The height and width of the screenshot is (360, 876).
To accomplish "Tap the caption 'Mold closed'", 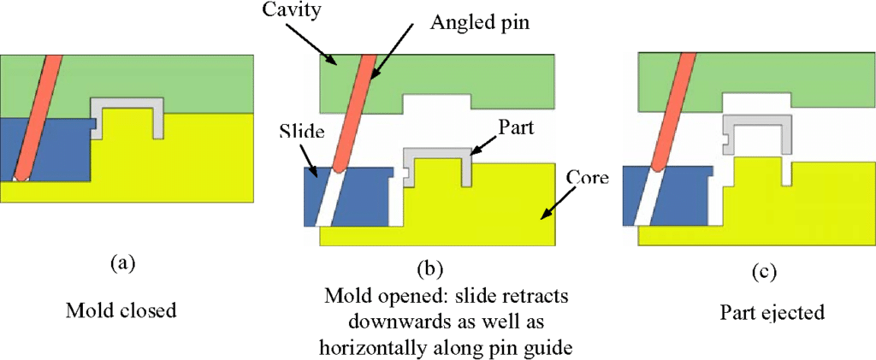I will tap(121, 310).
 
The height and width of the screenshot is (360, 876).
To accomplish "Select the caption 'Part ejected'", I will tap(772, 313).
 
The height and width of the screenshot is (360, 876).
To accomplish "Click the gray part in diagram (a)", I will tap(128, 104).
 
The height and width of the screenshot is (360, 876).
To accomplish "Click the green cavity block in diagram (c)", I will tap(770, 77).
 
